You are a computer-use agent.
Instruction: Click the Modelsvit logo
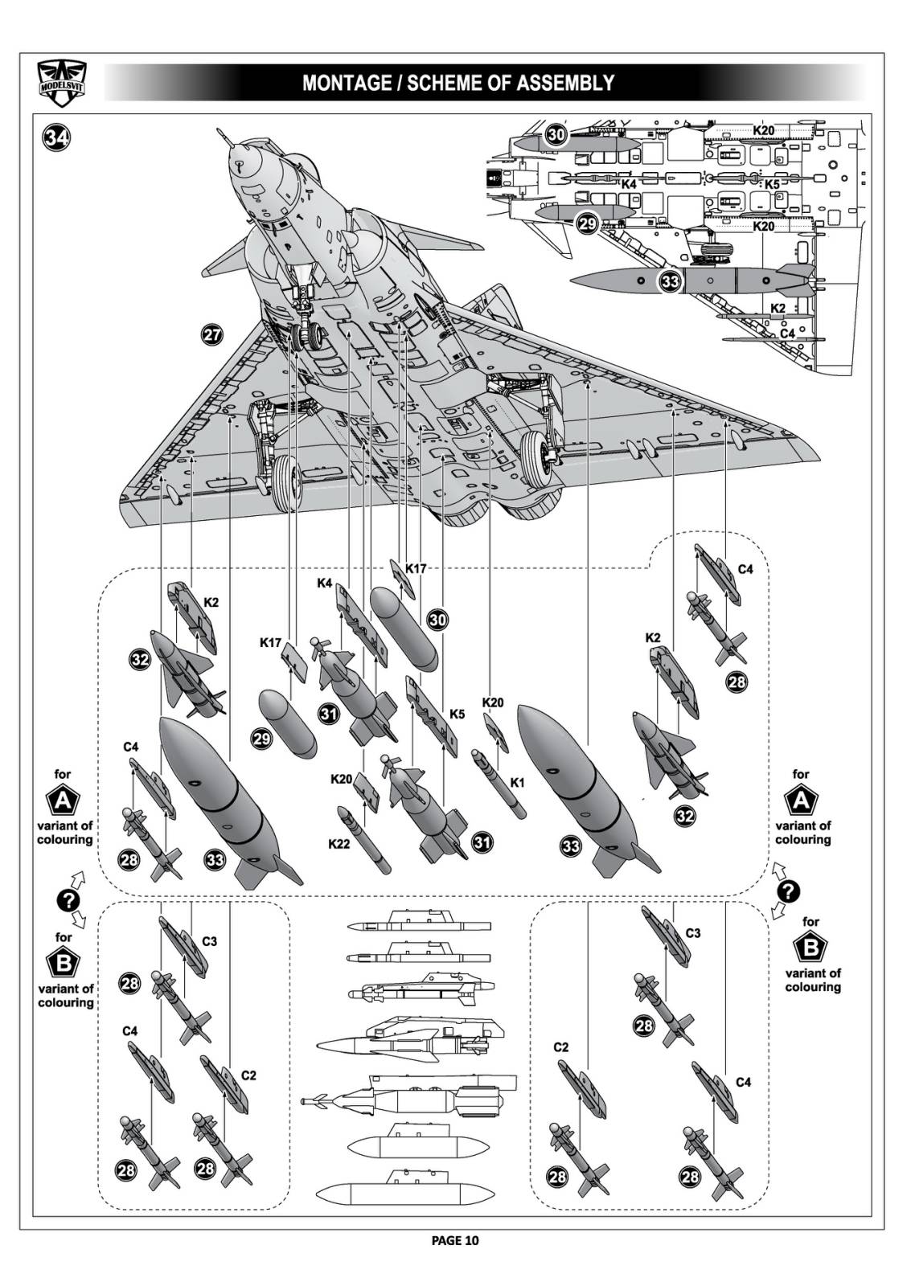click(x=62, y=83)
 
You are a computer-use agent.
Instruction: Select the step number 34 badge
click(x=57, y=137)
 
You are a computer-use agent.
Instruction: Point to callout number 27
click(x=211, y=336)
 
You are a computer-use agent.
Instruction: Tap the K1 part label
click(x=517, y=782)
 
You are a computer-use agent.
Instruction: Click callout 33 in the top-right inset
click(x=670, y=281)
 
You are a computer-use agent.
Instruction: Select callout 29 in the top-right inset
click(x=588, y=223)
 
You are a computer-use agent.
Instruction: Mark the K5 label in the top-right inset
click(x=772, y=184)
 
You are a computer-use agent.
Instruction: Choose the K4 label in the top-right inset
click(x=629, y=184)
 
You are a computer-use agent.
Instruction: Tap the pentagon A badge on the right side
click(x=801, y=801)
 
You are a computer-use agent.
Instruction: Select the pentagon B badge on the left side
click(x=64, y=963)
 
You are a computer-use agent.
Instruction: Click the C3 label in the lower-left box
click(x=209, y=941)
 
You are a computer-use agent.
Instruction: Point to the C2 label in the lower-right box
click(x=560, y=1047)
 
